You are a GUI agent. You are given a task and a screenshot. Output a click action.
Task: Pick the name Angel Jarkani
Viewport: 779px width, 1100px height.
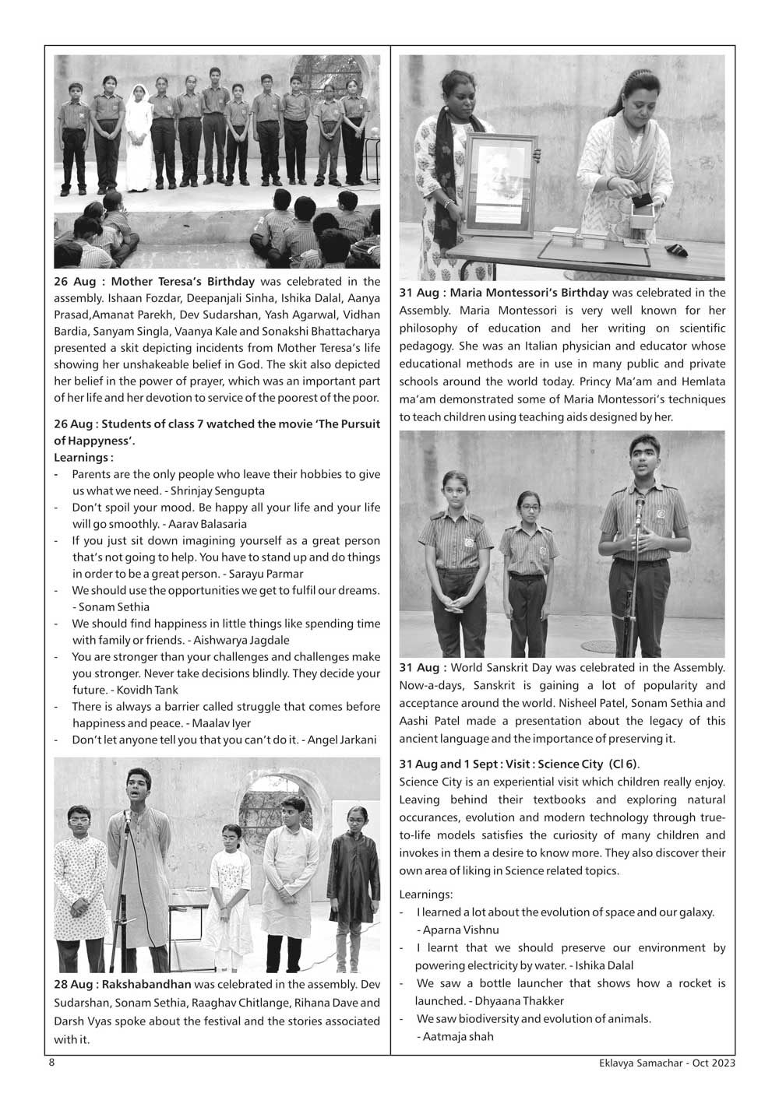342,740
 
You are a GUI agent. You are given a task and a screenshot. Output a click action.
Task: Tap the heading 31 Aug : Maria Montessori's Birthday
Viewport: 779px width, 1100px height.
504,293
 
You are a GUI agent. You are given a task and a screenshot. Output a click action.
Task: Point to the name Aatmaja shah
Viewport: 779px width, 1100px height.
456,1036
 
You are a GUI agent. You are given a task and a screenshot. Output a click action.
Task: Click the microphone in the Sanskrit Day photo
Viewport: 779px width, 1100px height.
640,505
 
